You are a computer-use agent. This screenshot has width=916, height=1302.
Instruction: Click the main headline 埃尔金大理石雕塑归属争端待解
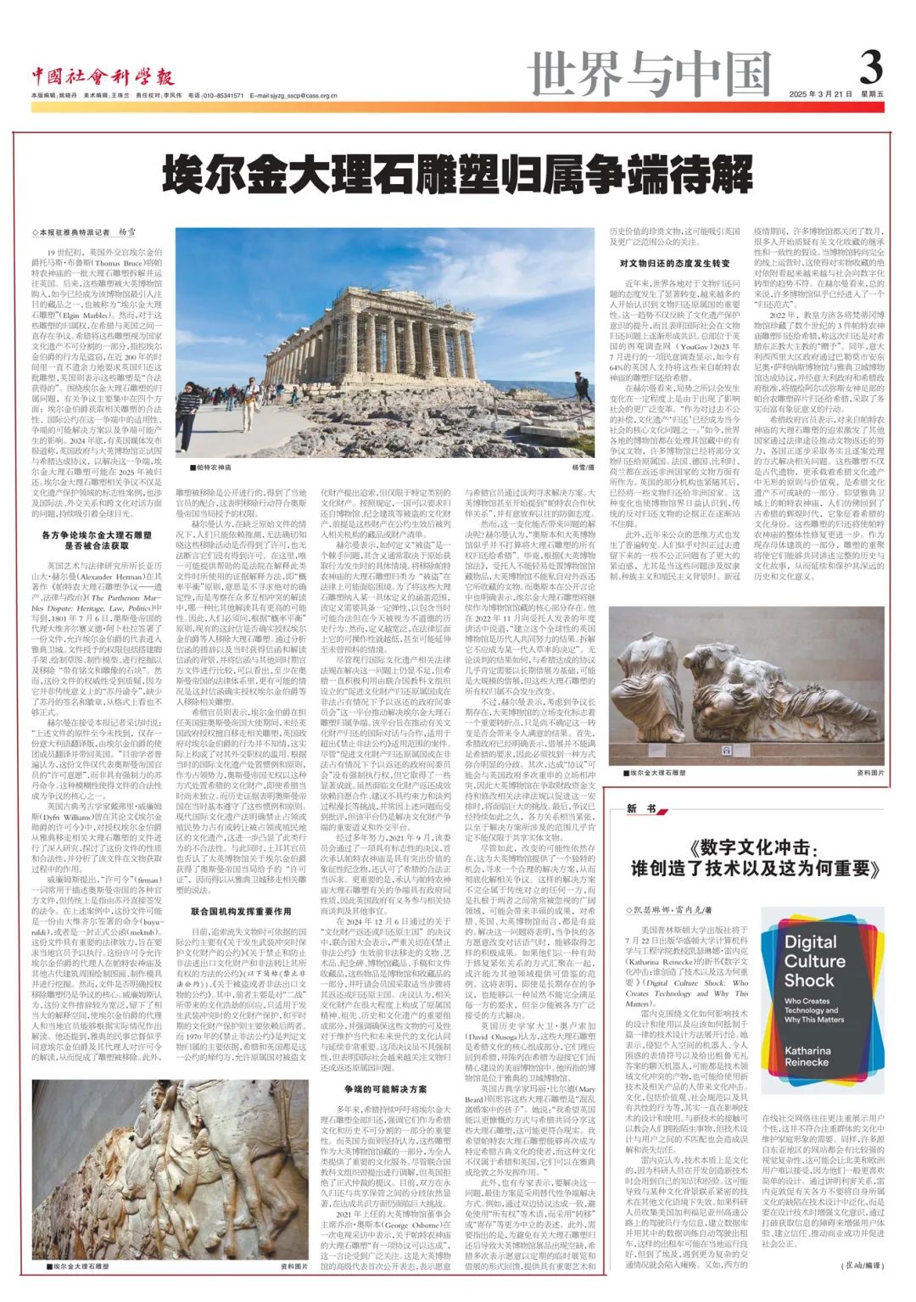458,176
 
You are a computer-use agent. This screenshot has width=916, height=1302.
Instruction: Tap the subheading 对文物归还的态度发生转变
674,264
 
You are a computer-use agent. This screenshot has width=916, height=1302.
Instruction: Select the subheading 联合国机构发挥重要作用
241,911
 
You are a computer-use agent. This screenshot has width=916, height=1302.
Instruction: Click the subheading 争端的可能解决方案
386,1088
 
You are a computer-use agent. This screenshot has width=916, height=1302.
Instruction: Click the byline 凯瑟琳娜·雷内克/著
669,909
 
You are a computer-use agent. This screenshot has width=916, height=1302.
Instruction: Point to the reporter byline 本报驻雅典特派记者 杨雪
85,232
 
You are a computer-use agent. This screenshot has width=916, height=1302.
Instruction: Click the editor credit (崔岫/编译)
857,1266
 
